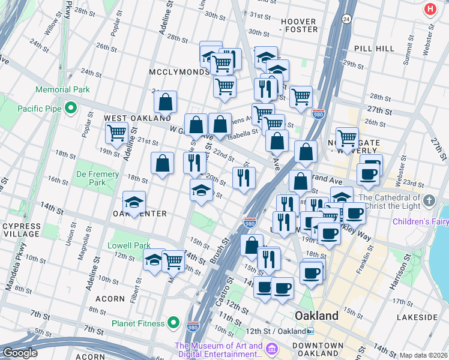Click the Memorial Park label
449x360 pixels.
coord(62,89)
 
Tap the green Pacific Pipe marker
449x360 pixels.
coord(71,109)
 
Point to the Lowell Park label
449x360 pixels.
coord(129,245)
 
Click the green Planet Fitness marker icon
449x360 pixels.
coord(173,323)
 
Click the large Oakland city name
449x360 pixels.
coord(316,316)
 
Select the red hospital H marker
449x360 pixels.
coord(430,9)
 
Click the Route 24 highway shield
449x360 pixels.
coord(346,20)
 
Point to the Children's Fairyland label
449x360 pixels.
coord(420,221)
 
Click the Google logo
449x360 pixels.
coord(20,353)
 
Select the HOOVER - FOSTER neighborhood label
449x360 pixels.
coord(298,26)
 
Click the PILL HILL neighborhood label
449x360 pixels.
coord(374,48)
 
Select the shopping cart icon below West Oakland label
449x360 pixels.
coord(116,133)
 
